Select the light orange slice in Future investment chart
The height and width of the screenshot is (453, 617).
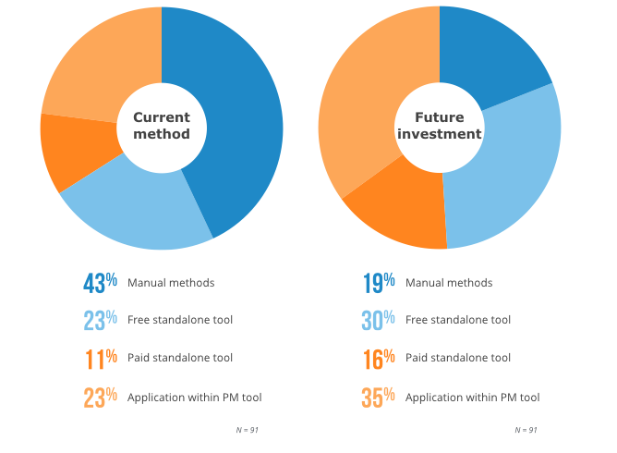(x=365, y=102)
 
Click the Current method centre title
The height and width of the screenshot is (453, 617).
(x=162, y=126)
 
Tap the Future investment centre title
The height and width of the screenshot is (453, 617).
(x=440, y=126)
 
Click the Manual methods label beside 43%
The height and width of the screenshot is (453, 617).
(x=171, y=283)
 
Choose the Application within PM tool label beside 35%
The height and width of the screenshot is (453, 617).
(x=472, y=398)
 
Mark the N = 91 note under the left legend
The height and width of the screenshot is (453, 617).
(x=247, y=430)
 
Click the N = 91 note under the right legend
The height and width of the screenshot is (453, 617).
(x=526, y=430)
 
